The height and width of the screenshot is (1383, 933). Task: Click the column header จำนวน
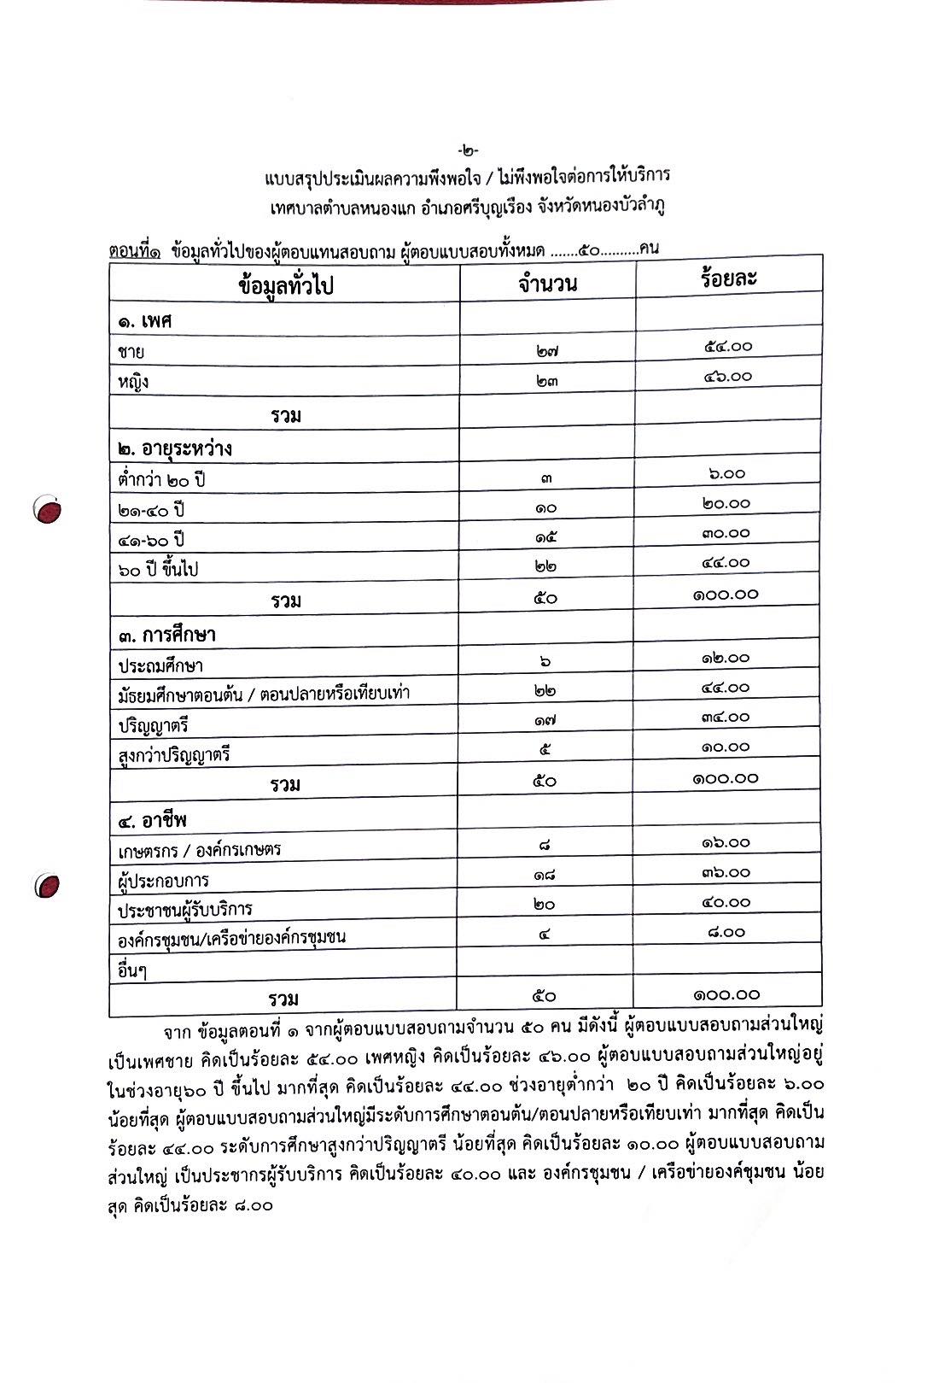tap(547, 283)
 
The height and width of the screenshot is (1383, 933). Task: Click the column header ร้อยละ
tap(728, 278)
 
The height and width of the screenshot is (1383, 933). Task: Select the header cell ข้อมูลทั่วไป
tap(285, 286)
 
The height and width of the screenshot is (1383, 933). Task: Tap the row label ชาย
tap(131, 352)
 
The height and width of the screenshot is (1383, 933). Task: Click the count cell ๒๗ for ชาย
tap(547, 350)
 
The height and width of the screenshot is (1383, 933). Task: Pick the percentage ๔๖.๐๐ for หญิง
tap(728, 376)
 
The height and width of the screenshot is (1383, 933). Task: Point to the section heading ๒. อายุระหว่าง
tap(175, 448)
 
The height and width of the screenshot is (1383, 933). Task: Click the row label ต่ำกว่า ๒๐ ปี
tap(161, 479)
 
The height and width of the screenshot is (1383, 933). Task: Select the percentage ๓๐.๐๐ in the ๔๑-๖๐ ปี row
tap(726, 533)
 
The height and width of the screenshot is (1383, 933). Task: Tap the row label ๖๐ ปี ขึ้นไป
tap(158, 569)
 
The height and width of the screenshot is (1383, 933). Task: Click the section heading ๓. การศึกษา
tap(166, 636)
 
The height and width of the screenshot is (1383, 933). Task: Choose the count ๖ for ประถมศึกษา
tap(545, 661)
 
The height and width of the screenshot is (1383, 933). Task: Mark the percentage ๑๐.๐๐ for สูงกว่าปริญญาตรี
tap(726, 747)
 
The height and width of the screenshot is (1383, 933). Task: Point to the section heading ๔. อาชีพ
tap(153, 821)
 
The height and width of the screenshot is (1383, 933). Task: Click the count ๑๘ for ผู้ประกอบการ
tap(545, 874)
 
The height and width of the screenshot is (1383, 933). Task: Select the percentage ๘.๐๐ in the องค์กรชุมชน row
tap(726, 933)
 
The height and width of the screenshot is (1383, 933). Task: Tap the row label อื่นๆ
tap(132, 971)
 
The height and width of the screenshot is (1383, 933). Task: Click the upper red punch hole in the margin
tap(49, 510)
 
